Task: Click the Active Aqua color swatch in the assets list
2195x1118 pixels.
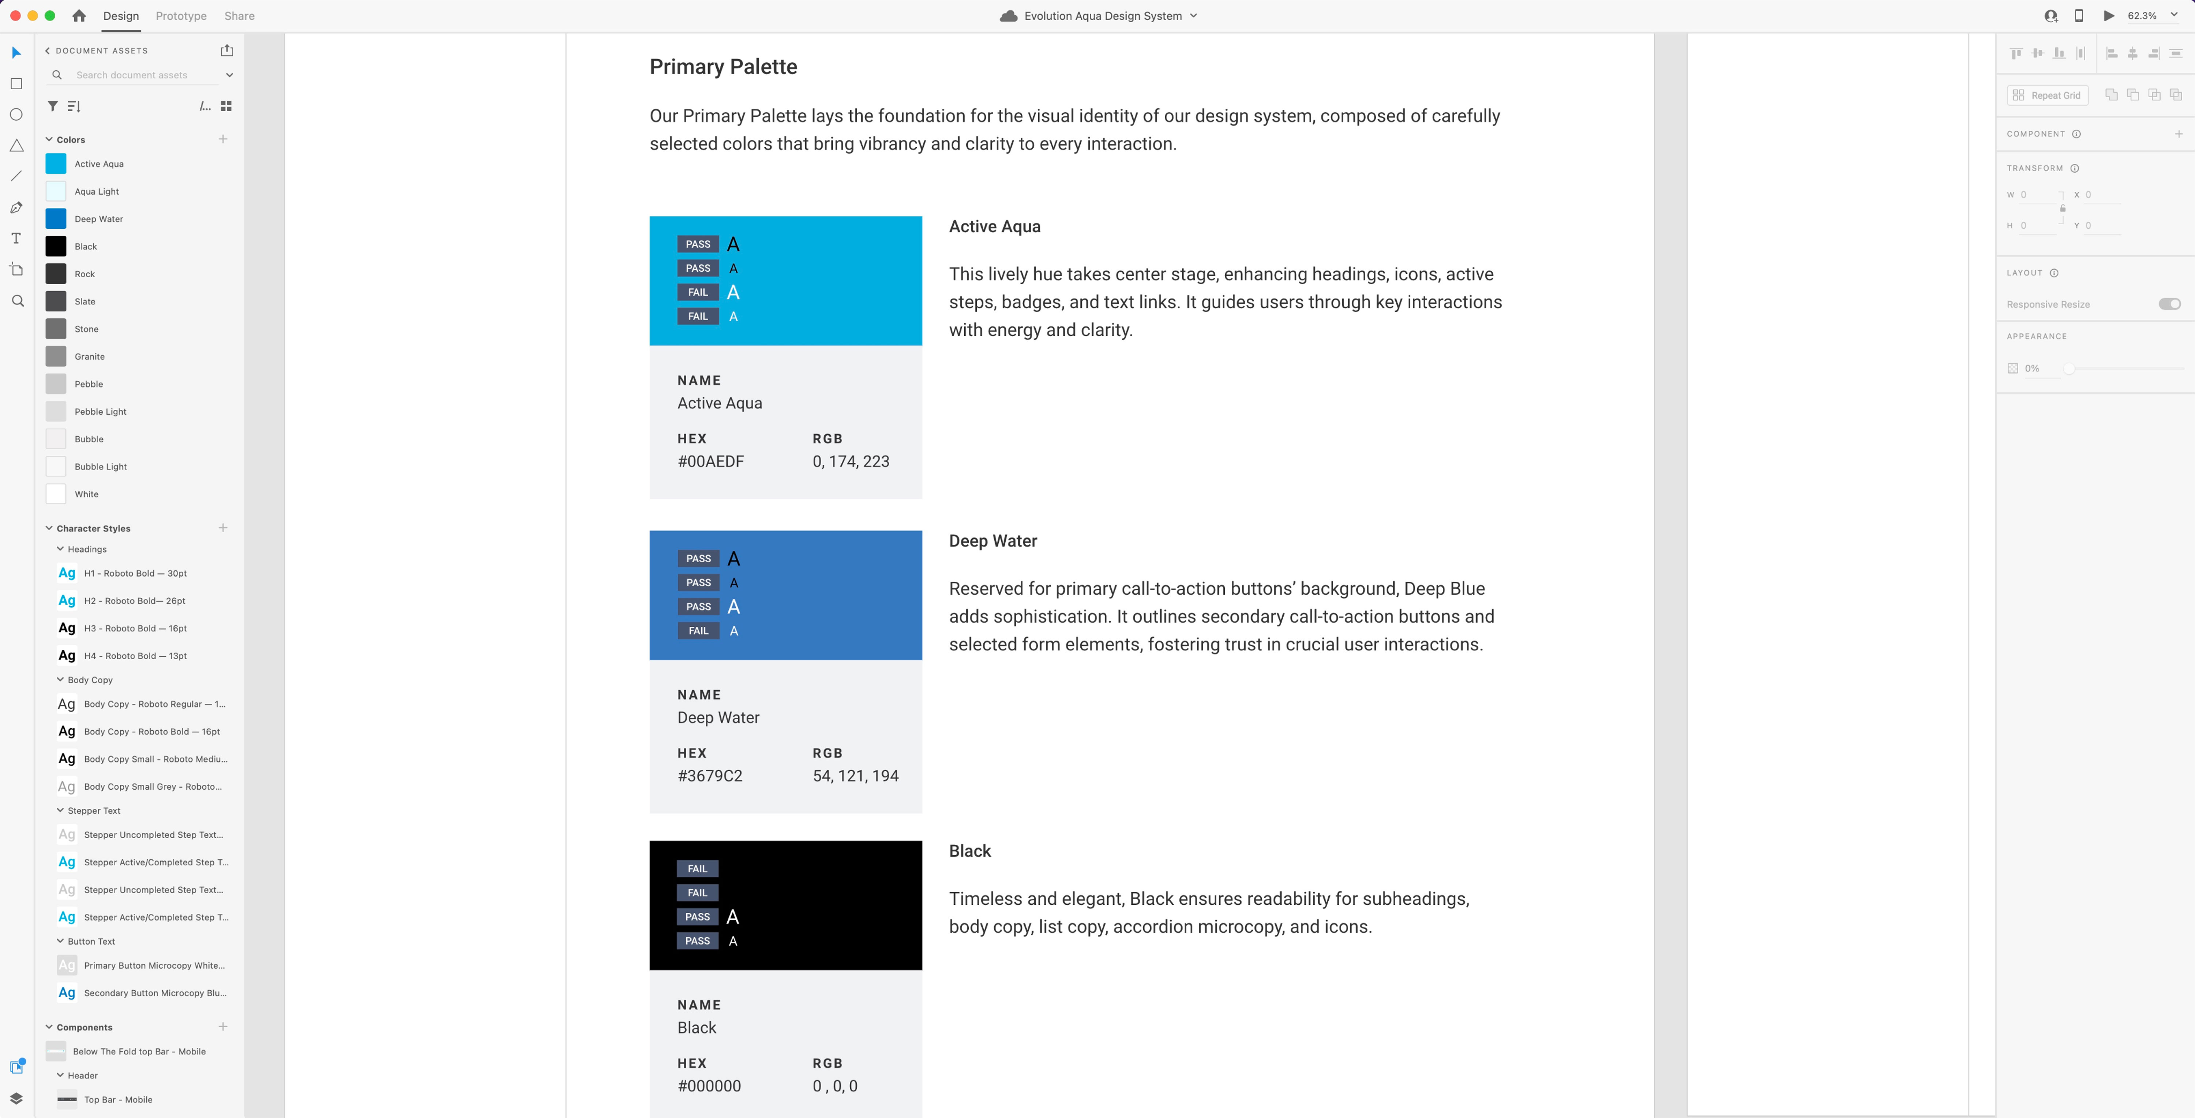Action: point(55,164)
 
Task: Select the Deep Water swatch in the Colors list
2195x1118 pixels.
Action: point(55,219)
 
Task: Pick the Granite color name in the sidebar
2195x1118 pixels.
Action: point(90,356)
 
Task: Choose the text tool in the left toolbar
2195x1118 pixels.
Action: point(16,239)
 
